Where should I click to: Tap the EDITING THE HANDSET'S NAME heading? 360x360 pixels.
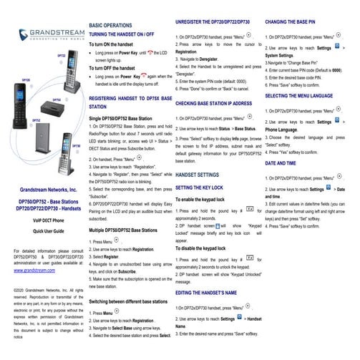point(217,293)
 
